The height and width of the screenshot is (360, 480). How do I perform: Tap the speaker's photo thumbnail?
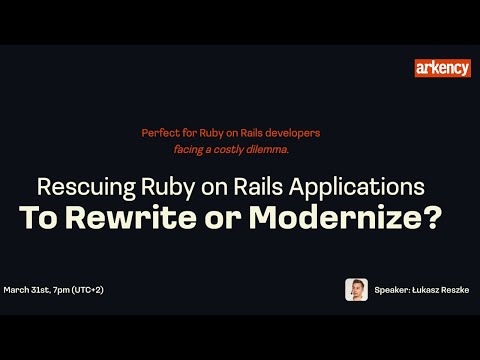356,289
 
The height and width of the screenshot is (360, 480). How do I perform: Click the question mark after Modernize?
432,217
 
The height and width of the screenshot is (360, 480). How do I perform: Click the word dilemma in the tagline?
264,148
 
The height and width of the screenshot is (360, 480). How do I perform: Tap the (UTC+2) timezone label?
103,289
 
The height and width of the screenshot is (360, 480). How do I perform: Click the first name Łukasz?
425,289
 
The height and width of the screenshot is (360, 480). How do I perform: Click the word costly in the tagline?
227,148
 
